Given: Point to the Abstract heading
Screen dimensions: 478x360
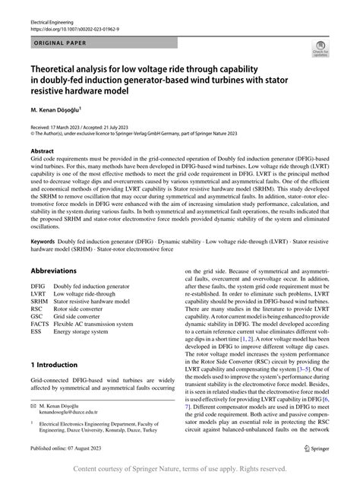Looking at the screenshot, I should (43, 150).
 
